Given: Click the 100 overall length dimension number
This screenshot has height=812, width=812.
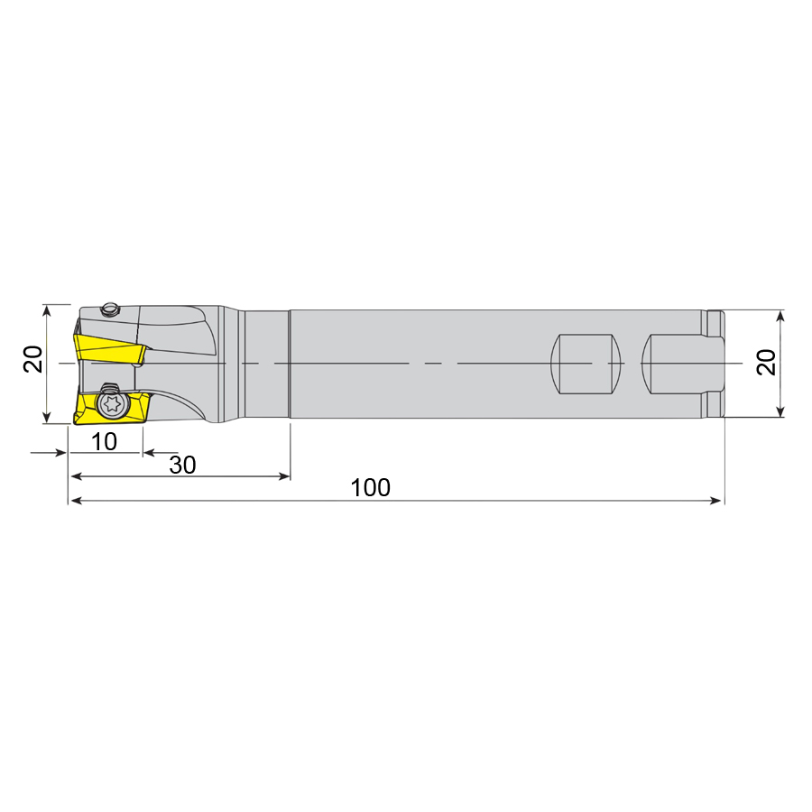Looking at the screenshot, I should click(371, 488).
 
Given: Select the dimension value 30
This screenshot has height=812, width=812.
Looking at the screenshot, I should click(182, 465).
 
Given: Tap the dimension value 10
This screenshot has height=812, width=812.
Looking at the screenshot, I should click(105, 441).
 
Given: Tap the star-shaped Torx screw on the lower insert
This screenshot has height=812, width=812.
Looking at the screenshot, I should click(113, 403).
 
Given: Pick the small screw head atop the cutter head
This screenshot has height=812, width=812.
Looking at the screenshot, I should click(110, 309).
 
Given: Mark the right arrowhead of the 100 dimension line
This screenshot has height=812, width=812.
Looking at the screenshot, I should click(717, 500).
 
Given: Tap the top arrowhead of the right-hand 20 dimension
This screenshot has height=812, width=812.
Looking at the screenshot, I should click(781, 316).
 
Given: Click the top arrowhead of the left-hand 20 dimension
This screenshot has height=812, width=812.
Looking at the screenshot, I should click(46, 309).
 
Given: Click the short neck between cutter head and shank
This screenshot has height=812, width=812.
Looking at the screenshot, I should click(266, 364).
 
